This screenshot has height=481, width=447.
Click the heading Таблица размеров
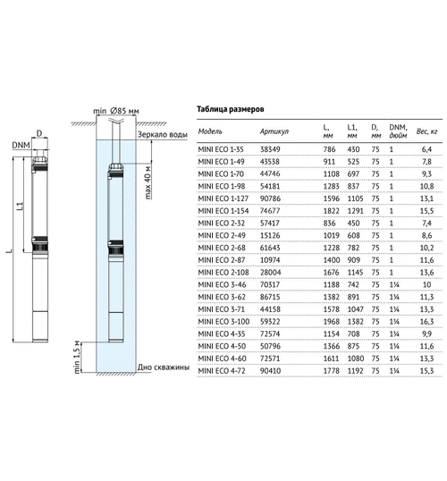(x=230, y=109)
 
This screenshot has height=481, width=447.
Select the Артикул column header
(x=274, y=131)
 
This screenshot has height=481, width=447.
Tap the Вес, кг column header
(x=426, y=131)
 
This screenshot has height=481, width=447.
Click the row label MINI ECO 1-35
(x=221, y=149)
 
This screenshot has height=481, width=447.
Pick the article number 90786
(x=270, y=198)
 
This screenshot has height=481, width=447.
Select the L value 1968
(x=332, y=322)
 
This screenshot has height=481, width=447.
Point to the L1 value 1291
(x=355, y=211)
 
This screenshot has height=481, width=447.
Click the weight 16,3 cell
(x=426, y=322)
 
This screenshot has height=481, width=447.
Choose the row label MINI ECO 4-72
(x=222, y=370)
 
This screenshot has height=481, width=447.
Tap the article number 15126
(x=270, y=235)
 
